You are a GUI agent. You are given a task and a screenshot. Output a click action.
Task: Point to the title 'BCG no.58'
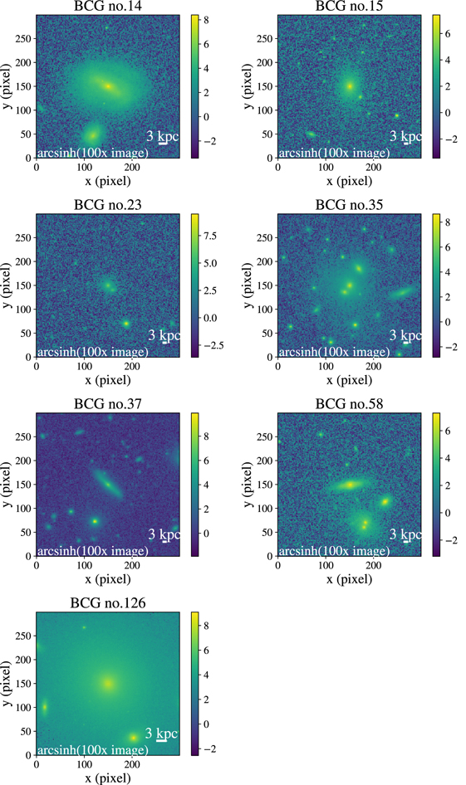point(348,405)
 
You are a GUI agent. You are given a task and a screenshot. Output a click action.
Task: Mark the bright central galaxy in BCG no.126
point(108,684)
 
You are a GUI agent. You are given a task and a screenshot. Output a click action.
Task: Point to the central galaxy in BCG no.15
point(350,85)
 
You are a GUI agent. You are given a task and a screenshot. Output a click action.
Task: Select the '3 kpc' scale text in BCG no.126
point(161,734)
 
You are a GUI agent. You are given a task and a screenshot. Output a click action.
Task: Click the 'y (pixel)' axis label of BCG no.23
point(8,285)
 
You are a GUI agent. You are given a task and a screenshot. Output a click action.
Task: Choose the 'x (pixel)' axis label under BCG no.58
point(349,579)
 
